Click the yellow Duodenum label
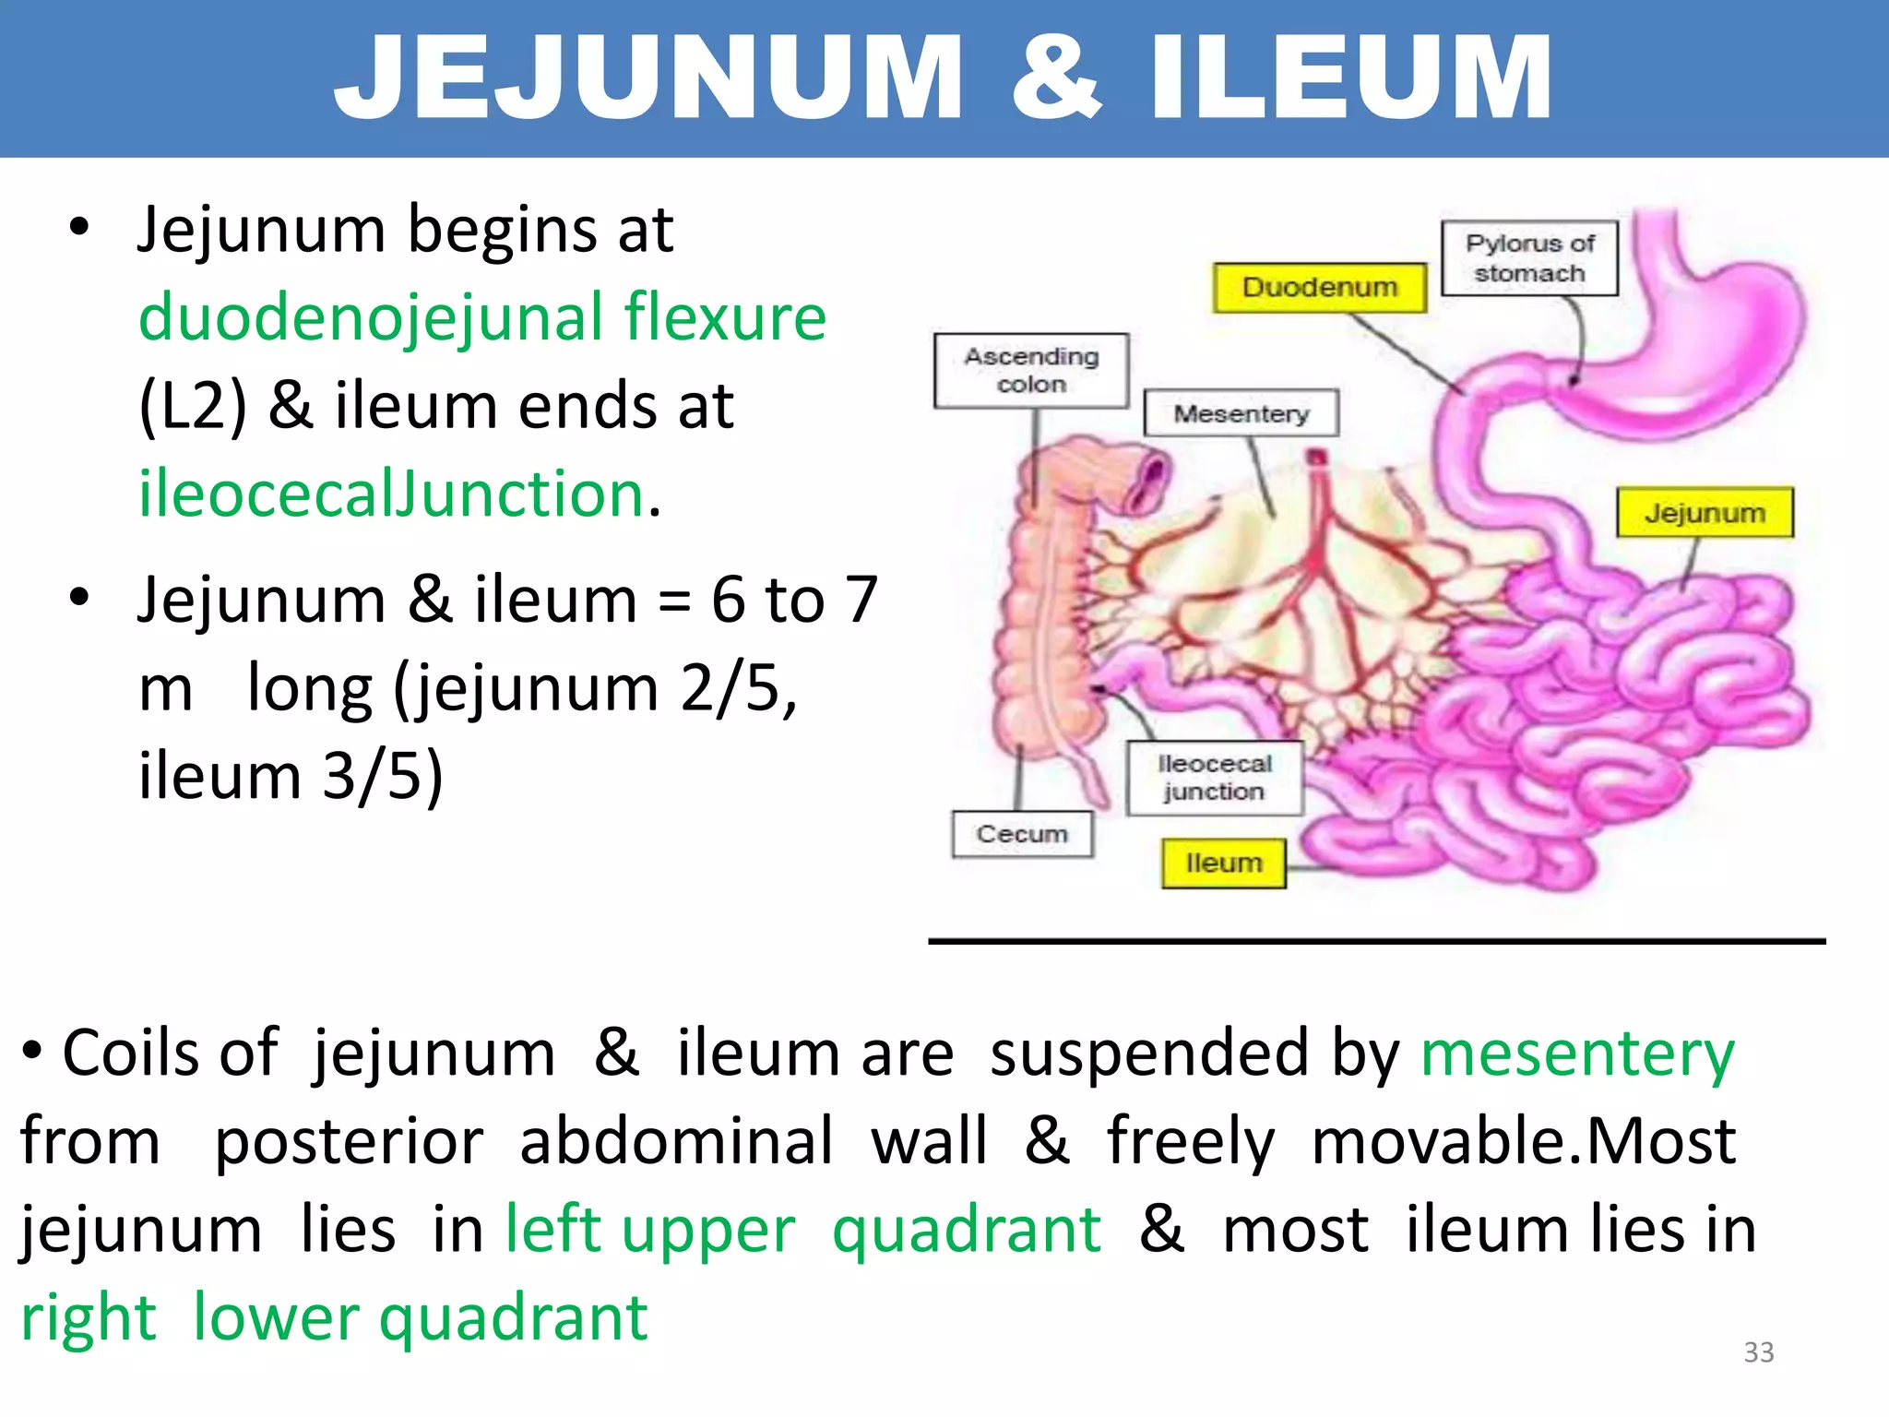1319,288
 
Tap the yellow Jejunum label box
1705,513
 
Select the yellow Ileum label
1223,863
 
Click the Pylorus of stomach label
1529,258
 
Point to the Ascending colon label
1031,370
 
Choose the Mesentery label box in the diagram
1241,413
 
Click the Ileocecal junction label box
1214,778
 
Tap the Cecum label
1022,834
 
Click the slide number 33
1758,1352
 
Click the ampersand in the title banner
1056,77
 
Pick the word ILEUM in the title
1352,77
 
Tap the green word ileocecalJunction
391,494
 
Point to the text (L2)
193,406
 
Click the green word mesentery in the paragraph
1577,1054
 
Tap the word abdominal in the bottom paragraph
677,1141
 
